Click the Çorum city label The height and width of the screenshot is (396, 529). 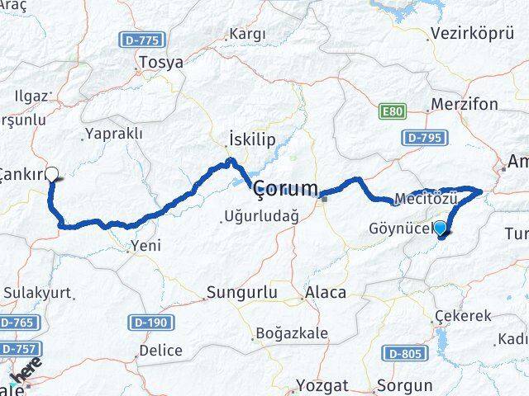(x=286, y=189)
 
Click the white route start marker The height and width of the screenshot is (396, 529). (x=52, y=174)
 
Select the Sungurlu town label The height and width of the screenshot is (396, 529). (x=238, y=292)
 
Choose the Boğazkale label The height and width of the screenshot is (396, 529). (x=291, y=333)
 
